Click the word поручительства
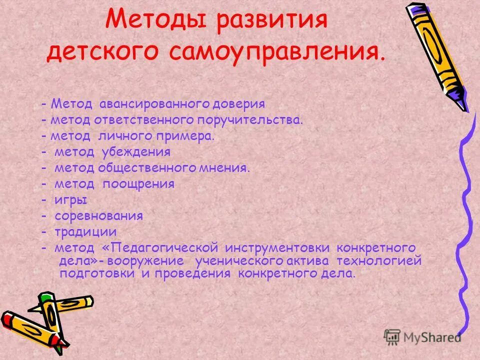click(249, 120)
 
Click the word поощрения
click(138, 184)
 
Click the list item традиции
click(85, 232)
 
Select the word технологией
click(379, 261)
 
